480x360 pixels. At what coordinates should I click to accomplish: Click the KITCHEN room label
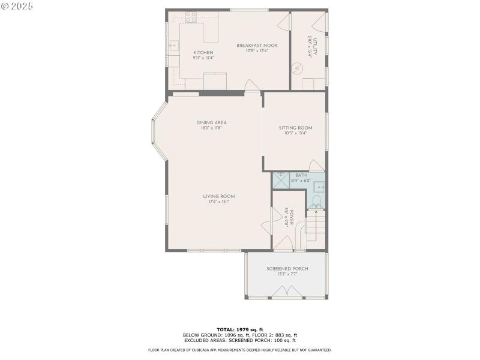(x=203, y=53)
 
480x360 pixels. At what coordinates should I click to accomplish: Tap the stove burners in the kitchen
(x=191, y=17)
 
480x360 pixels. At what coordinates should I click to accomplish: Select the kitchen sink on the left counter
(x=173, y=45)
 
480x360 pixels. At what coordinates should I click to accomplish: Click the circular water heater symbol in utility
(x=296, y=68)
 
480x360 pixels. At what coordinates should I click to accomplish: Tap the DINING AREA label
(x=211, y=122)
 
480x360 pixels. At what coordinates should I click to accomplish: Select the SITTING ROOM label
(x=295, y=128)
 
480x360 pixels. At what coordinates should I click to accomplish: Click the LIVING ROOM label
(x=218, y=196)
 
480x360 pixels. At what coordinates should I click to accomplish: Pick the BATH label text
(x=301, y=175)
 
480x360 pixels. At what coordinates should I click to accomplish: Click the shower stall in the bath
(x=281, y=181)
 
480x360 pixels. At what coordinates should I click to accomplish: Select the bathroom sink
(x=319, y=186)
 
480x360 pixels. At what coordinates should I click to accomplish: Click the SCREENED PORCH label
(x=287, y=269)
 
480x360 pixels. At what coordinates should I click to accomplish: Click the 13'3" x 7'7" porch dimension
(x=287, y=274)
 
